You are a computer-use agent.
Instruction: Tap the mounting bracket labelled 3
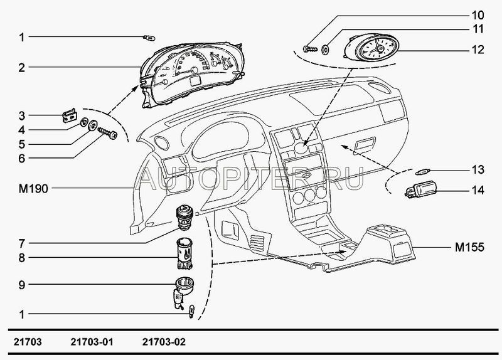pos(70,115)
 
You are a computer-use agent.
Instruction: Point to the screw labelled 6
pos(108,133)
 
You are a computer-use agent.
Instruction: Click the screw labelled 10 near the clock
pos(310,49)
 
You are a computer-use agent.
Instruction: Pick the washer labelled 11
pos(325,50)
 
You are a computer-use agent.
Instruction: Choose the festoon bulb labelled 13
pos(423,171)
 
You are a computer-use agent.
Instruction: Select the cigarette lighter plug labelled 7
pos(183,217)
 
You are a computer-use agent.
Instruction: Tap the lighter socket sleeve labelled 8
pos(184,253)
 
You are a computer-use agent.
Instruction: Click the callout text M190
pos(33,189)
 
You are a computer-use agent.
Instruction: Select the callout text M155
pos(469,247)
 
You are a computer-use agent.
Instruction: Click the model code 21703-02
pos(164,342)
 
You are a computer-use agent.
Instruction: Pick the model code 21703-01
pos(92,342)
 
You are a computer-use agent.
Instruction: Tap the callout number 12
pos(478,50)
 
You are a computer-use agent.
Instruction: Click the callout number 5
pos(21,144)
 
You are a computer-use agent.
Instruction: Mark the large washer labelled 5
pos(93,125)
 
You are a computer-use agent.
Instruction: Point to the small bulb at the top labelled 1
pos(149,38)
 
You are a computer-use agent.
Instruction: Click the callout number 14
pos(478,191)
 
